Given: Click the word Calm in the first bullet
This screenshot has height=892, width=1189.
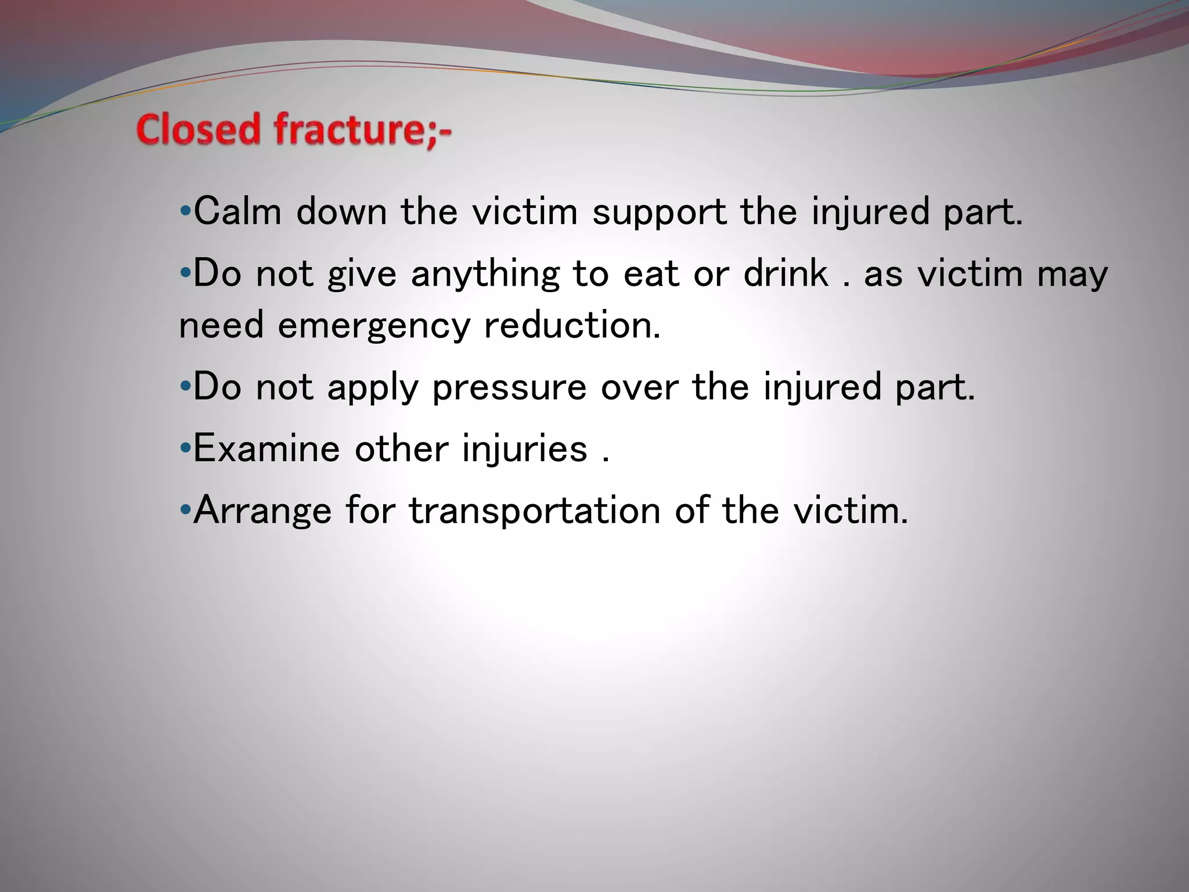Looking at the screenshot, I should pos(237,211).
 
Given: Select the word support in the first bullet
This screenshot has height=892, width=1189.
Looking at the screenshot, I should pos(658,213).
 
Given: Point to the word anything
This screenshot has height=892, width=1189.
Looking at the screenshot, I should pos(485,274).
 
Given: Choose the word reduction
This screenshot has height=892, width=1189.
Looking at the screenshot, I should pos(572,325).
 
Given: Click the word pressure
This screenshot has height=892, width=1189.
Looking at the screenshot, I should pos(509,388).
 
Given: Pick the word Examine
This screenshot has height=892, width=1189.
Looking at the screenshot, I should pos(266,449).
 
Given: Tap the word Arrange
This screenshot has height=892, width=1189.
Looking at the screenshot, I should pos(262,511).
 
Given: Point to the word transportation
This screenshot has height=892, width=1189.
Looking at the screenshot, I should pos(535,511).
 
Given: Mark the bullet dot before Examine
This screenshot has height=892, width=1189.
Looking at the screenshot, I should pos(185,448).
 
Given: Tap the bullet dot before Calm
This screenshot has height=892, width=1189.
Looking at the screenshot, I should pos(185,211).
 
